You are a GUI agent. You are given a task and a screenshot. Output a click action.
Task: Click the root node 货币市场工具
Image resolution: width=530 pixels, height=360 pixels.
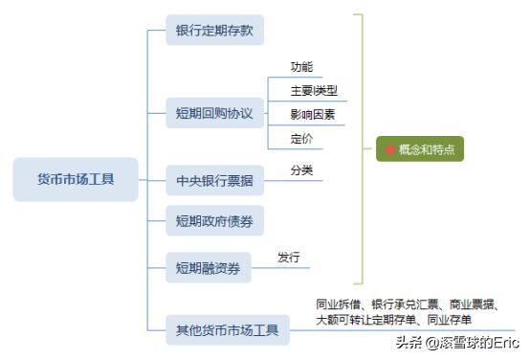(75, 179)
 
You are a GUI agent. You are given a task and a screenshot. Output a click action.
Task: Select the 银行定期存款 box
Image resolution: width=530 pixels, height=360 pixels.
(214, 30)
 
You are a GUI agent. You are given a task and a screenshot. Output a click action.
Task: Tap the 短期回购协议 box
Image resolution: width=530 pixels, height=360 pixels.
(214, 113)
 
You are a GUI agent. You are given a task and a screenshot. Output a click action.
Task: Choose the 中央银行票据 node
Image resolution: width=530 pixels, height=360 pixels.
(214, 180)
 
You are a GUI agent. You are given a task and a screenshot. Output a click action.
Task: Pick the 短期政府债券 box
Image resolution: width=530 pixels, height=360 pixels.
(214, 222)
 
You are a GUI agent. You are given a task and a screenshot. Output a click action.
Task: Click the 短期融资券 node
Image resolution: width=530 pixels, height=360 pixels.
(208, 266)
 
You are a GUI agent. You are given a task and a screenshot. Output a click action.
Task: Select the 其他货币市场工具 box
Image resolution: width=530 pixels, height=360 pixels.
(227, 331)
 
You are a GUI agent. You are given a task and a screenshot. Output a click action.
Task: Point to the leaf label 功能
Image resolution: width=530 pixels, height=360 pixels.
(301, 67)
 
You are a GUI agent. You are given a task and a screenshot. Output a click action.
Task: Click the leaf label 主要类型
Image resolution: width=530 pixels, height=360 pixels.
(314, 91)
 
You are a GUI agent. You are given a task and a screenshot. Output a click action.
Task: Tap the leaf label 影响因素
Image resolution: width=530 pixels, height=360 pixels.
(314, 115)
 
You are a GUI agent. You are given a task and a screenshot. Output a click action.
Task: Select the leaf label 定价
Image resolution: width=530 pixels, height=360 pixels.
(301, 139)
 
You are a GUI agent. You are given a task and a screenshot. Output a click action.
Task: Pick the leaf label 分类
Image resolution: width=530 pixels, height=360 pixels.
(301, 170)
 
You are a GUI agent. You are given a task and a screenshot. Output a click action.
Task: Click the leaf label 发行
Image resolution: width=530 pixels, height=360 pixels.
(289, 258)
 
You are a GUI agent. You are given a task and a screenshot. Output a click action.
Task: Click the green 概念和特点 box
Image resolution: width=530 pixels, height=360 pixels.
(420, 149)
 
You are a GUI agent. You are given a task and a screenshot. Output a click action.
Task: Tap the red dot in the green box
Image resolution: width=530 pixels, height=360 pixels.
(390, 150)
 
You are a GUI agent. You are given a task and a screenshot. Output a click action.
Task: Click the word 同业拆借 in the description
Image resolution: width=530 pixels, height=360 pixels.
(338, 304)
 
